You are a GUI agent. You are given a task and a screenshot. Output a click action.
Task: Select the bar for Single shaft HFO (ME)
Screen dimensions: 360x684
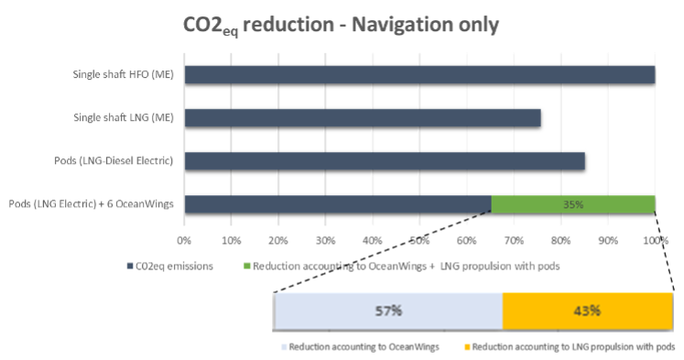[x=419, y=74]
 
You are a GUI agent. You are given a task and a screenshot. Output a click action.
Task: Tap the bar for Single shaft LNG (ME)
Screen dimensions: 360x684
[x=363, y=117]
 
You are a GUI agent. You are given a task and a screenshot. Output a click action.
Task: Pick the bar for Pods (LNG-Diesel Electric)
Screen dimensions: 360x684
[x=385, y=160]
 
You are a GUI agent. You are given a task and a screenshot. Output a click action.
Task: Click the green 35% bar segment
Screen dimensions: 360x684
[x=573, y=203]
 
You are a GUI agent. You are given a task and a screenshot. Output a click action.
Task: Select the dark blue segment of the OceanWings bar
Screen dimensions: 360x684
[x=338, y=203]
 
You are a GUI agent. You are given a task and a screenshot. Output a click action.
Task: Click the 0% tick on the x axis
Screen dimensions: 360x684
[x=184, y=241]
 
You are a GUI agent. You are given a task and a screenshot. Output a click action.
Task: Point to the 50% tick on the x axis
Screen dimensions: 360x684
[x=419, y=241]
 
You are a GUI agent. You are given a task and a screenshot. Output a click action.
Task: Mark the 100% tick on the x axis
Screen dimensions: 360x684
[x=654, y=241]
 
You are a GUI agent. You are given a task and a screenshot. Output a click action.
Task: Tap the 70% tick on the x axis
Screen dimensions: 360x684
[x=514, y=241]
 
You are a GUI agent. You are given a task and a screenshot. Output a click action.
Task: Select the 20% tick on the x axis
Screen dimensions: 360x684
[x=278, y=241]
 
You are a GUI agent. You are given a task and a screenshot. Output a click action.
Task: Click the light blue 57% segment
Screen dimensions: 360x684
[x=388, y=311]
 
